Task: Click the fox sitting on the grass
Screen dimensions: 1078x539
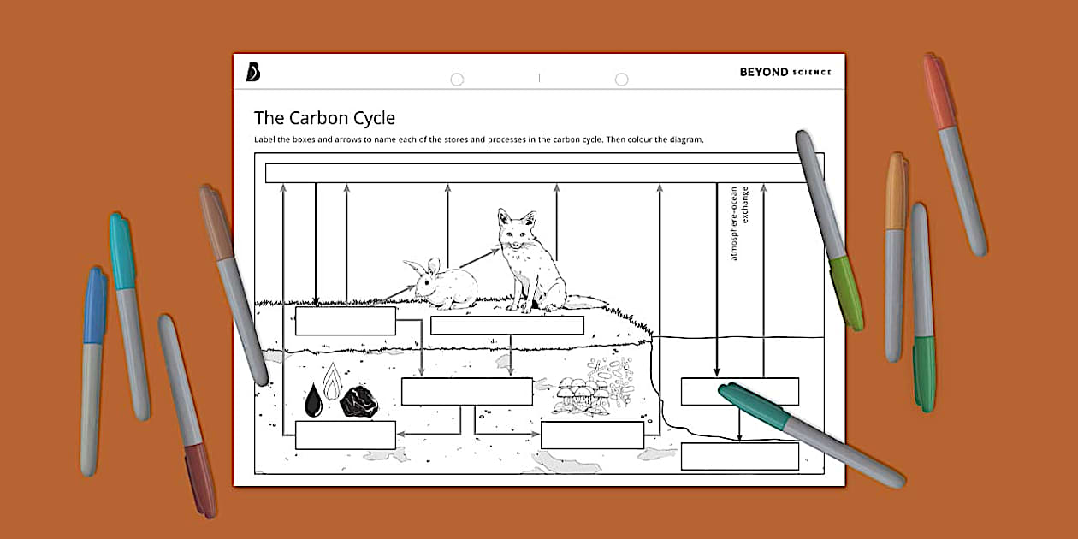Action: click(534, 263)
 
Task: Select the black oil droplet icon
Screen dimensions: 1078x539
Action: click(314, 400)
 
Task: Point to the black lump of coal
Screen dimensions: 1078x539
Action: click(359, 401)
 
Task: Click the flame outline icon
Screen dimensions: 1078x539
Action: click(332, 382)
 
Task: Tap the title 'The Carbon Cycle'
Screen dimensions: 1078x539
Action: click(324, 118)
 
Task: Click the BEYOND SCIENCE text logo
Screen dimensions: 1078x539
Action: click(785, 72)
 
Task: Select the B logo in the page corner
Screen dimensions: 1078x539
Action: click(253, 72)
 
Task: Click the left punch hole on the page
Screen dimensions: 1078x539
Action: click(457, 80)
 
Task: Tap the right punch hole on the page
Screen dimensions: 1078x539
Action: click(622, 80)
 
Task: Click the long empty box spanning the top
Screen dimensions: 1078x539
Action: click(534, 173)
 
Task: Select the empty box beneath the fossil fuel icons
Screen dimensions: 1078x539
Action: click(346, 435)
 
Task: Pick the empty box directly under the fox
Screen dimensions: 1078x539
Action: click(507, 325)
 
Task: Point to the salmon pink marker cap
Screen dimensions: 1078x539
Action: click(939, 92)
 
